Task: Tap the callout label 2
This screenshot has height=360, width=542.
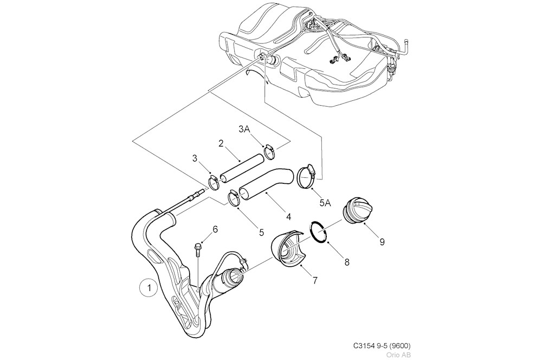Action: click(221, 143)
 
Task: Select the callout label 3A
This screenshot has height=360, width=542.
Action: click(244, 130)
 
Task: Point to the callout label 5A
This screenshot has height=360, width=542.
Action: click(325, 203)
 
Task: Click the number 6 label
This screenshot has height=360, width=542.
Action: click(215, 229)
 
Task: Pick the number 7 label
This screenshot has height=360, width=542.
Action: click(314, 280)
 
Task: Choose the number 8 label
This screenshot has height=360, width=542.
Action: click(347, 262)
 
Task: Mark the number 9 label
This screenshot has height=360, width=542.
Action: click(382, 242)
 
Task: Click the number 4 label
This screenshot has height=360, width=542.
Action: click(289, 216)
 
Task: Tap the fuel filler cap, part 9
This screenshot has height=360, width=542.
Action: click(359, 209)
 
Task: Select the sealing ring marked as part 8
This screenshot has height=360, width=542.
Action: click(320, 232)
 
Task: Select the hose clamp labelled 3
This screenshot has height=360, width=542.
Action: click(214, 181)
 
